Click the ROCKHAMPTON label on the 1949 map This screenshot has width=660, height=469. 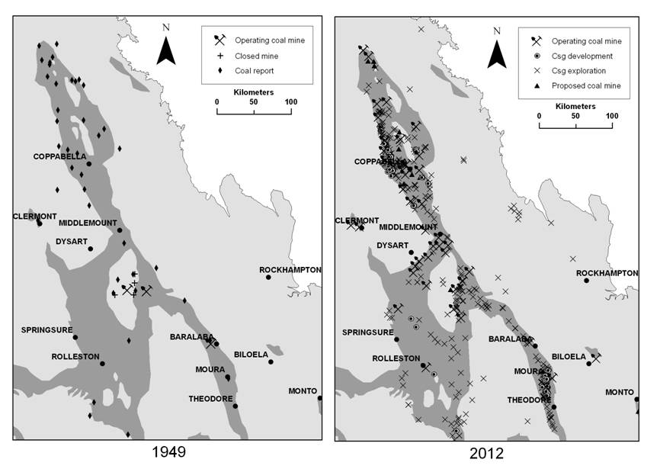pos(290,270)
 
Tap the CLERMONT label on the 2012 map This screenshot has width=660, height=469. pos(357,220)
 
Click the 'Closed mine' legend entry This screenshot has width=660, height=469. pos(256,56)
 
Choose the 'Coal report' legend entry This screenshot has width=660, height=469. pos(254,71)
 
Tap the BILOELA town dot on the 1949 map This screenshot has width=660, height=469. pos(271,362)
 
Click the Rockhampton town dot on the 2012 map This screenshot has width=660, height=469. pos(586,281)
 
